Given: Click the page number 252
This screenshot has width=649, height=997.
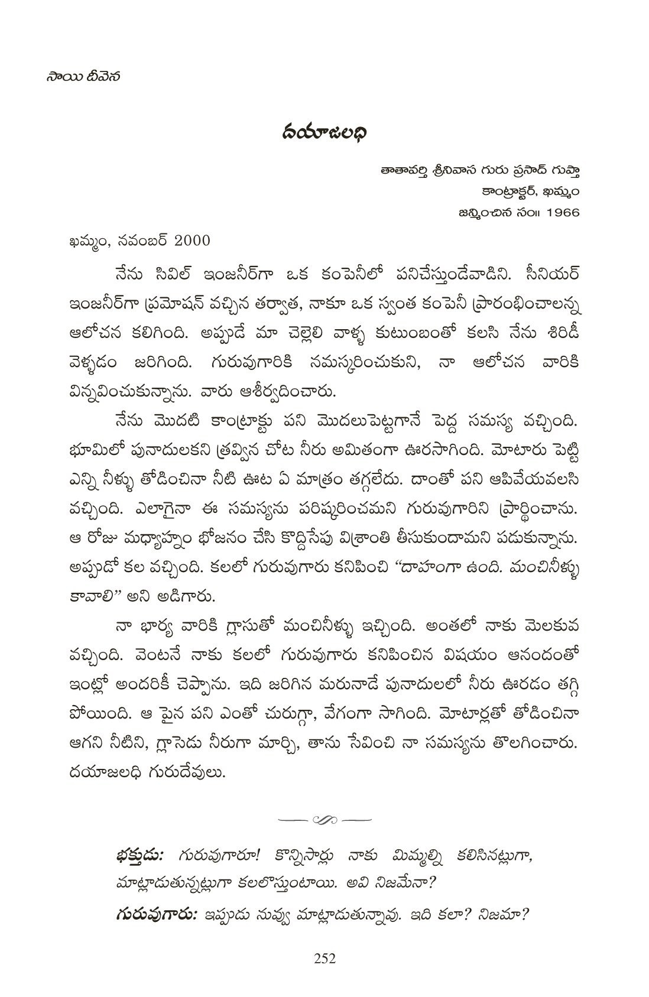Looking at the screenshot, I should [324, 959].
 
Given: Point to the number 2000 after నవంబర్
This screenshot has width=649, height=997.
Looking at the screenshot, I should [185, 241].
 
